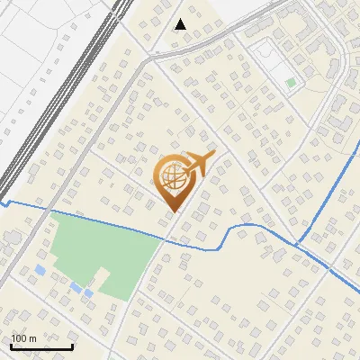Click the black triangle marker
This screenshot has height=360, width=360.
click(181, 24)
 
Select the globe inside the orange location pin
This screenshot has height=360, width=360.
click(171, 178)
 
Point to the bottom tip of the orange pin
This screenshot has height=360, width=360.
click(172, 210)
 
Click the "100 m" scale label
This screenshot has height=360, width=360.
click(23, 338)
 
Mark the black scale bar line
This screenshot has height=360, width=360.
click(41, 346)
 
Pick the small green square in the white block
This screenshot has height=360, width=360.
click(291, 83)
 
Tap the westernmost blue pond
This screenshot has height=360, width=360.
click(40, 269)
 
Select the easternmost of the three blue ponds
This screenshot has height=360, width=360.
click(88, 293)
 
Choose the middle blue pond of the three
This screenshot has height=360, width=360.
click(74, 286)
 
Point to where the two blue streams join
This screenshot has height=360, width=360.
click(298, 245)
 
